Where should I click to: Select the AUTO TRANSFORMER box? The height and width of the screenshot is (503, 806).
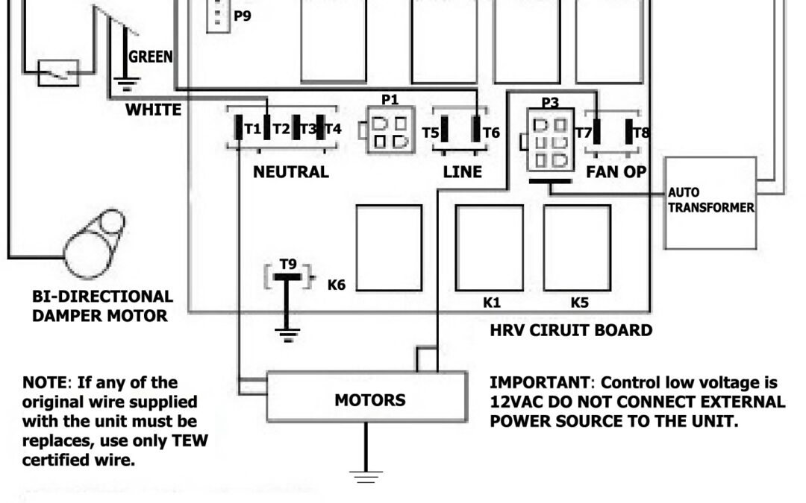(x=710, y=203)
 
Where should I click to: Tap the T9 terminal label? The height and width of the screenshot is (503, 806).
(x=288, y=264)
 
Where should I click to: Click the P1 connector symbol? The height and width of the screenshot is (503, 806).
(x=389, y=132)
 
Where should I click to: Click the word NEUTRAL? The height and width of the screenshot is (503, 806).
(x=290, y=172)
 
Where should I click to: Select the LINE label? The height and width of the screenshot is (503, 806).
(x=463, y=172)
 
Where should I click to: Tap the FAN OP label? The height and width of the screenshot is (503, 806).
(x=616, y=172)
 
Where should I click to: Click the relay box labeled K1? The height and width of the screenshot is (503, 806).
(x=490, y=248)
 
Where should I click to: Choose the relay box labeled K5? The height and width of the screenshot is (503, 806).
(x=577, y=248)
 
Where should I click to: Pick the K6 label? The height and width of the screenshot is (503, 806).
(x=337, y=284)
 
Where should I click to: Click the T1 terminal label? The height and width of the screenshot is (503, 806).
(x=253, y=129)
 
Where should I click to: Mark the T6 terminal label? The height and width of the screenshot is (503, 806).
(x=491, y=133)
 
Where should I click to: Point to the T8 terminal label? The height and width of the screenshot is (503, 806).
(x=641, y=133)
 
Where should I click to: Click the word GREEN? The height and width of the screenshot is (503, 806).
(x=150, y=57)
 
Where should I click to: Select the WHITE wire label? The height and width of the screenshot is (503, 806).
(x=153, y=110)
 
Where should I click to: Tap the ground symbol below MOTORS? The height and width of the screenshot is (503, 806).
(x=365, y=475)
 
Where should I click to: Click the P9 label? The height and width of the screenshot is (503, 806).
(x=242, y=14)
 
